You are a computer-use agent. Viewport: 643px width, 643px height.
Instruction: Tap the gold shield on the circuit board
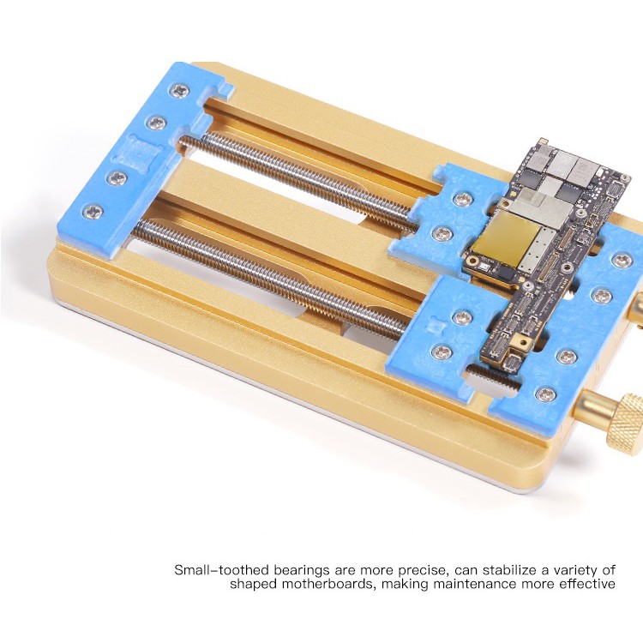(505, 239)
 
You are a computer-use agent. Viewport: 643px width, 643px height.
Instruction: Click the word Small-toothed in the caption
(221, 570)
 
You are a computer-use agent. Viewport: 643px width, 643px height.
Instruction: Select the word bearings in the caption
(302, 571)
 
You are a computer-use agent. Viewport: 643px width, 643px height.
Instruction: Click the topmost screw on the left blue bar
(180, 91)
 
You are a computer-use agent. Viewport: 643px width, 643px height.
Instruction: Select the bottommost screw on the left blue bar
(93, 212)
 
